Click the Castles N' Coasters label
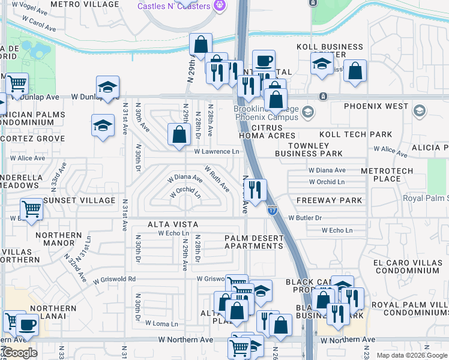tap(173, 6)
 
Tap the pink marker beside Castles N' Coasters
tap(220, 5)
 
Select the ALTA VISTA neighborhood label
tap(173, 224)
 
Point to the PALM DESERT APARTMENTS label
tap(253, 242)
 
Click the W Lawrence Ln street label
tap(216, 152)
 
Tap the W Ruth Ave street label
tap(217, 179)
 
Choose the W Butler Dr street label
tap(305, 218)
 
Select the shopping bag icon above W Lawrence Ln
tap(179, 134)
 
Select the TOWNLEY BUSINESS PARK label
tap(309, 149)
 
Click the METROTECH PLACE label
tap(387, 175)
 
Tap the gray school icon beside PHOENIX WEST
tap(419, 110)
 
